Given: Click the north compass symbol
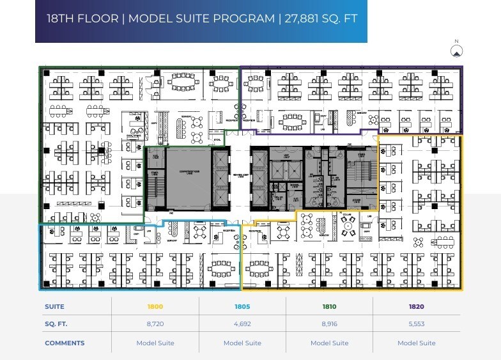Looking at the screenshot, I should pos(456,51).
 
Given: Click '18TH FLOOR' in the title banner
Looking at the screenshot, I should pos(82,18).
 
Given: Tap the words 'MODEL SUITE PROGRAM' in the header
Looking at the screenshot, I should pos(201,18).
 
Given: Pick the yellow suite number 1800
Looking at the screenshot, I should pos(155,307).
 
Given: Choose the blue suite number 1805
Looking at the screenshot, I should pos(242,307).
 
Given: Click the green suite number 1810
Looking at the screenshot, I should pos(329,307).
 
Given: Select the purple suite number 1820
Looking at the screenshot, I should pos(416,307).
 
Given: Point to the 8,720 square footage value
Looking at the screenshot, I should pos(155,324).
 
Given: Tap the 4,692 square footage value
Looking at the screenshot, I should pos(242,324).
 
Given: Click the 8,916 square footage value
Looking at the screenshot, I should pos(329,324).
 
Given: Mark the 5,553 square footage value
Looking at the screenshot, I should pos(416,324).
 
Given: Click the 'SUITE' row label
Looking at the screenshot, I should pos(54,307).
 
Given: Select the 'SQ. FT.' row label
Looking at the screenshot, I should pos(56,324).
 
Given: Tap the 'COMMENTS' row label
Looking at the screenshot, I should pos(64,343).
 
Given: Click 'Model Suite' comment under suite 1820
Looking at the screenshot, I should pos(416,343).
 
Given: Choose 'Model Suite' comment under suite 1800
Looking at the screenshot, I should pos(155,343).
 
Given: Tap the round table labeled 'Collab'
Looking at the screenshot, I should pos(349,223).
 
